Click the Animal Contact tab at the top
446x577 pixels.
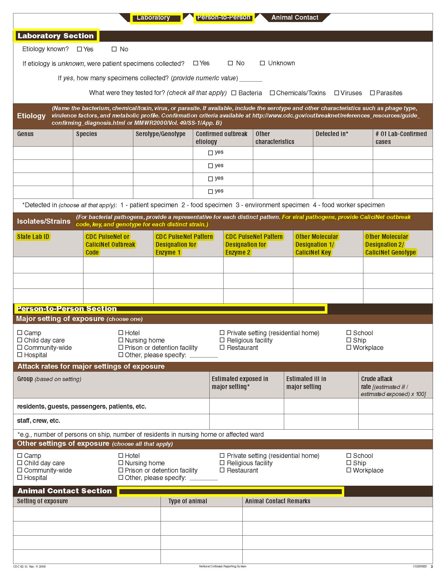pyautogui.click(x=295, y=18)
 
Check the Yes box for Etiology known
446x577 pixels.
pyautogui.click(x=79, y=49)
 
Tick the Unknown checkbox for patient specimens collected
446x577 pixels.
pyautogui.click(x=262, y=63)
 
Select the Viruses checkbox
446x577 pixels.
pyautogui.click(x=336, y=93)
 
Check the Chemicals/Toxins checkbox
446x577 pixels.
pyautogui.click(x=272, y=93)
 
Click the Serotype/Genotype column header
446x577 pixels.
pyautogui.click(x=160, y=134)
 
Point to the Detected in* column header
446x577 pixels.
pyautogui.click(x=332, y=134)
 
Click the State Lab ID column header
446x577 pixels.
pyautogui.click(x=33, y=237)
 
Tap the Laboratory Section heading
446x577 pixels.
pyautogui.click(x=56, y=36)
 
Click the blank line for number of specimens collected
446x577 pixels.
pyautogui.click(x=251, y=79)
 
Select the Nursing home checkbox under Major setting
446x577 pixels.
pyautogui.click(x=121, y=340)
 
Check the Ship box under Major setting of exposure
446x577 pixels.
pyautogui.click(x=349, y=340)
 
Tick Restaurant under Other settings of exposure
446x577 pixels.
pyautogui.click(x=222, y=470)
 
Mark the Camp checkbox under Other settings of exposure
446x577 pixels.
pyautogui.click(x=20, y=456)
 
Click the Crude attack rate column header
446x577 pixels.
pyautogui.click(x=376, y=379)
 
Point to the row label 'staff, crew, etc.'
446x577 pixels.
pyautogui.click(x=39, y=421)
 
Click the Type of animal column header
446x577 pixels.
pyautogui.click(x=188, y=501)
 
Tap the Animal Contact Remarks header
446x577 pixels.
pyautogui.click(x=277, y=501)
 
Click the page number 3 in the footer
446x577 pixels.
pyautogui.click(x=432, y=567)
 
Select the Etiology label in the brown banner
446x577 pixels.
pyautogui.click(x=31, y=116)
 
